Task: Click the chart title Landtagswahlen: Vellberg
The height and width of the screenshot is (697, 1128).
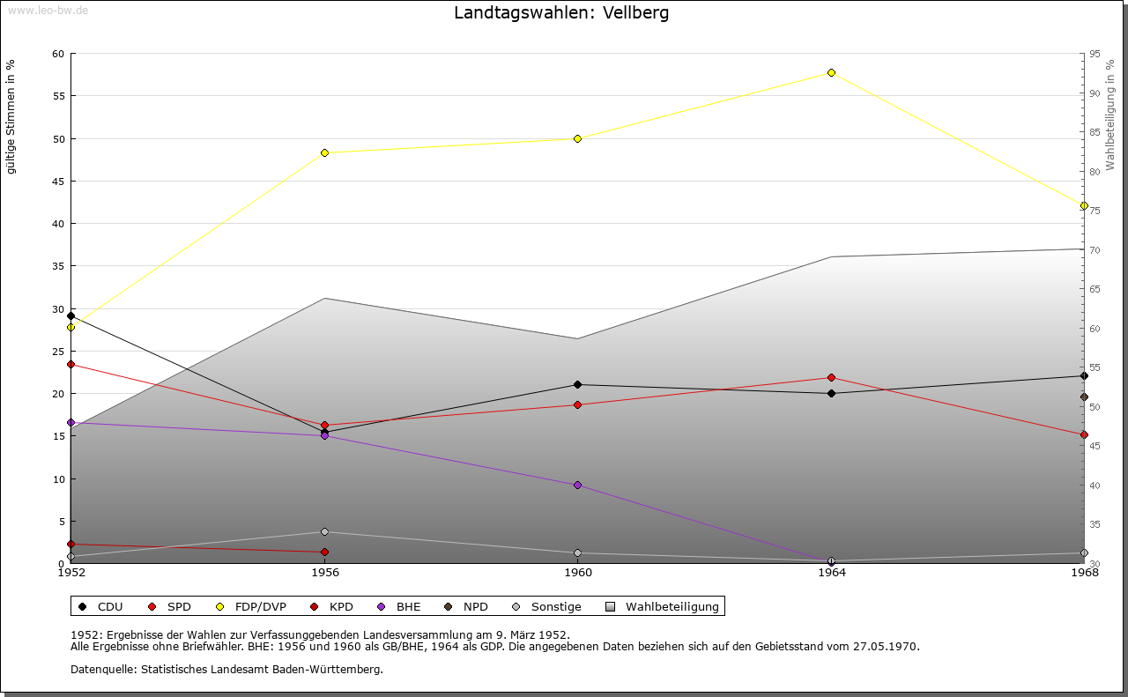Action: (x=561, y=13)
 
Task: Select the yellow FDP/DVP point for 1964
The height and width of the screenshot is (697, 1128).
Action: (x=831, y=72)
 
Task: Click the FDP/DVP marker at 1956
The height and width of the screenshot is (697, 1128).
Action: (x=324, y=152)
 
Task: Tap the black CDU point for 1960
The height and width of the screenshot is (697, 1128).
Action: (x=577, y=384)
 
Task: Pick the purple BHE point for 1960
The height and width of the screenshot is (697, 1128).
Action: (x=577, y=485)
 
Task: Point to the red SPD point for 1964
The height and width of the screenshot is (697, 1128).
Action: (x=831, y=377)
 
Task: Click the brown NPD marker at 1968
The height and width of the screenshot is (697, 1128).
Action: (x=1084, y=397)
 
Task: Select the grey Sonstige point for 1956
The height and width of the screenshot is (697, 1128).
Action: (x=324, y=531)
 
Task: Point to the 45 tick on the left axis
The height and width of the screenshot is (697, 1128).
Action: (x=58, y=182)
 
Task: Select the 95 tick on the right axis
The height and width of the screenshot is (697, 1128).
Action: (x=1095, y=54)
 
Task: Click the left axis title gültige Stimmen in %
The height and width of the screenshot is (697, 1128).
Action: (x=11, y=116)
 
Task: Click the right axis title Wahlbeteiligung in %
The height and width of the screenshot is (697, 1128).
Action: (x=1110, y=115)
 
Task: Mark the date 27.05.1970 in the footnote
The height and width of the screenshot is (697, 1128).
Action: (x=886, y=646)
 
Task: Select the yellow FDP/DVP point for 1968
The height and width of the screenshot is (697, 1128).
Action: (x=1084, y=205)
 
